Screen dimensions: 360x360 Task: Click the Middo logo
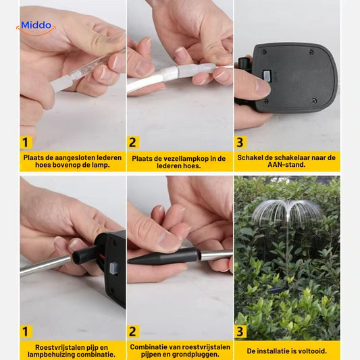point(36,28)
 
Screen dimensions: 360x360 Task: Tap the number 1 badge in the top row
point(26,143)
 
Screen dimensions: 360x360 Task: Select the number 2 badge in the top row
point(133,143)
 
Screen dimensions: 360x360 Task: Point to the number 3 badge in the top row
point(240,143)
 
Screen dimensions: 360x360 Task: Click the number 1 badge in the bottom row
point(26,332)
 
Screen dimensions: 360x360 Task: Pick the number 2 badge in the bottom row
point(133,332)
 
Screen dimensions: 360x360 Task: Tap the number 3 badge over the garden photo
point(240,332)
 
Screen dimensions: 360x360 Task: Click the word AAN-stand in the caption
point(286,165)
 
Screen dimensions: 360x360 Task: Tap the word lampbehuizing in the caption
point(50,355)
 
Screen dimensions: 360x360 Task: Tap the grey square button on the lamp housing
point(113,268)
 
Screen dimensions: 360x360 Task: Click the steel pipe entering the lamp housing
point(45,265)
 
